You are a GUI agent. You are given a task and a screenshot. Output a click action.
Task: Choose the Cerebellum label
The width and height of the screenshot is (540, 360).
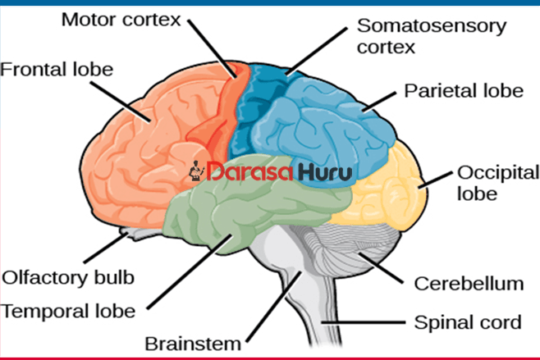(469, 284)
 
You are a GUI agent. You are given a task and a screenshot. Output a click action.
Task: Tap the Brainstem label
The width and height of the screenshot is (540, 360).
(194, 342)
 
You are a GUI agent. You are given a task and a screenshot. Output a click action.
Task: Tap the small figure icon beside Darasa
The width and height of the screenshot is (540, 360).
(196, 171)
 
